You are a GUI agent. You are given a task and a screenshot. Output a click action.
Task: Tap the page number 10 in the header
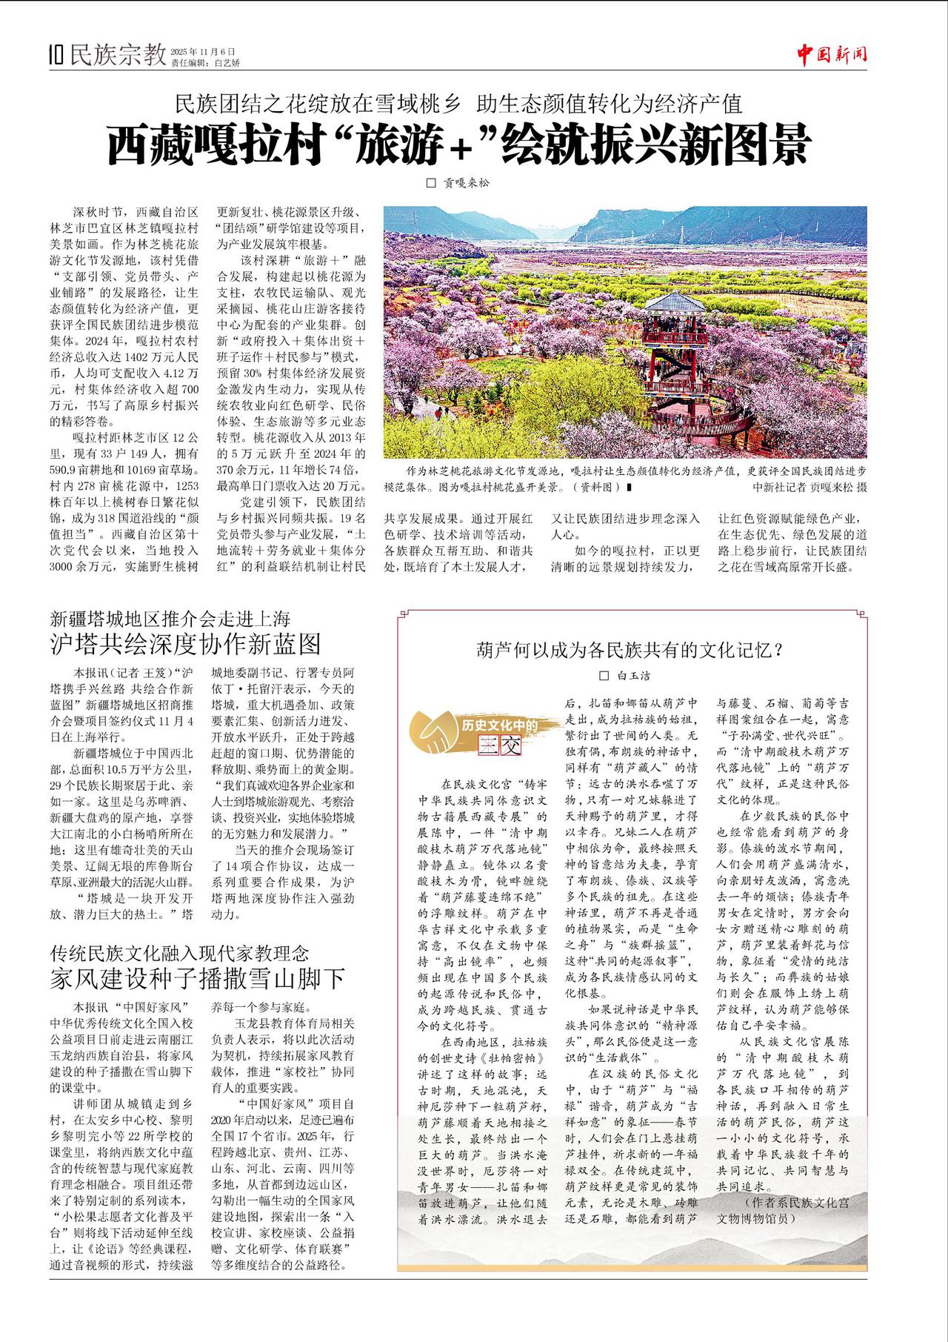(x=56, y=56)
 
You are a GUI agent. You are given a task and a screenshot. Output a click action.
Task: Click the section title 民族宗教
(x=117, y=55)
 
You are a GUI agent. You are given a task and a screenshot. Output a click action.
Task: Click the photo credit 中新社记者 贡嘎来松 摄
(x=809, y=487)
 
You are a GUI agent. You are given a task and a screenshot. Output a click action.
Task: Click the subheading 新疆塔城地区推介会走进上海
(x=170, y=618)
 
